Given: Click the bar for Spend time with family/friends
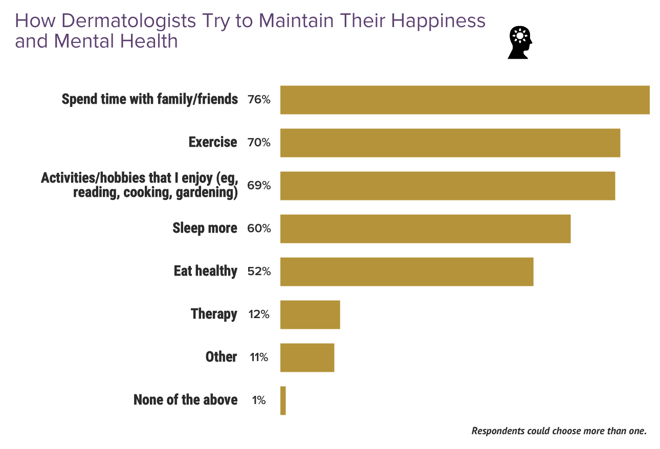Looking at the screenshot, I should (465, 100).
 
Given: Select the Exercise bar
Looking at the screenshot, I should (450, 143).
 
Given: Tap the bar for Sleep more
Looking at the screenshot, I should (425, 229).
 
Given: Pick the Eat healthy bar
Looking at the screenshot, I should (407, 272).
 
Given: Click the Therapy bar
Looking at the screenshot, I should (310, 315).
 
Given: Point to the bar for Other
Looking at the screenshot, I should (307, 357).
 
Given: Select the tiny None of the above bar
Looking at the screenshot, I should (283, 400).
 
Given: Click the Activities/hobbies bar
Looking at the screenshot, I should (448, 186).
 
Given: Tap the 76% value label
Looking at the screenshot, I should (258, 100).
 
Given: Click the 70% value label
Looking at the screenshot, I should (258, 143).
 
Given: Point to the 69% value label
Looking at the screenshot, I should (258, 186).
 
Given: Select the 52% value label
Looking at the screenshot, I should (258, 272).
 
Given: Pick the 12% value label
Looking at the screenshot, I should (258, 315).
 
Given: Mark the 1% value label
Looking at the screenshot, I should (259, 400).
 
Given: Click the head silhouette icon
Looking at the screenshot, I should (520, 42).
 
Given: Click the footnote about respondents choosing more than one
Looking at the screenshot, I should (559, 431).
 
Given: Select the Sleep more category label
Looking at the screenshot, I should (205, 228).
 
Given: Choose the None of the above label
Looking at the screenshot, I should (185, 400).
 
